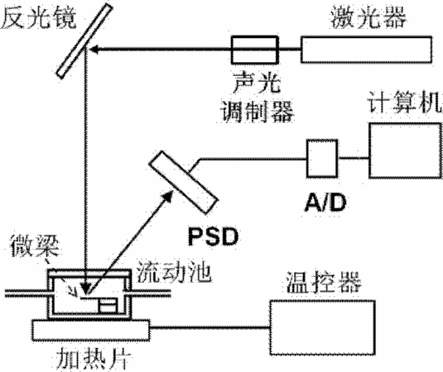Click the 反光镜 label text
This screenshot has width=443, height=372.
point(38,17)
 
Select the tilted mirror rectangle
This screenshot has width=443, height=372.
point(84,41)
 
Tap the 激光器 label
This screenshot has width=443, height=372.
point(368,17)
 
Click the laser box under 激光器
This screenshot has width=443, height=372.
point(367,50)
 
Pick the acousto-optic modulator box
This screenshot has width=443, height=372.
point(255,50)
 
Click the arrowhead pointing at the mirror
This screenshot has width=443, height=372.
point(94,50)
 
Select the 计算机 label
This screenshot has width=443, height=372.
point(405,102)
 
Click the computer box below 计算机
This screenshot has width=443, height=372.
point(406,150)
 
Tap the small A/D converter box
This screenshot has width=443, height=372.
point(322,158)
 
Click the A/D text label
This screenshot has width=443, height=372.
point(325,203)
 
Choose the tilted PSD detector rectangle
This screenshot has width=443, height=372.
point(183,182)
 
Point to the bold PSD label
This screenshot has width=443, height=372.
point(213,236)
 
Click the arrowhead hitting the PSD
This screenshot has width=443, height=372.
point(168,196)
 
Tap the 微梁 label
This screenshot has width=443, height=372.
point(35,246)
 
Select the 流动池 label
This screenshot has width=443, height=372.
point(174,273)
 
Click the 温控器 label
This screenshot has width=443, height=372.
point(324,283)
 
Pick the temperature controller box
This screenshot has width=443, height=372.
point(323,327)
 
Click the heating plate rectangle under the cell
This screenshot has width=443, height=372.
point(90,331)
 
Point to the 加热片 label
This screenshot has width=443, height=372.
point(94,360)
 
